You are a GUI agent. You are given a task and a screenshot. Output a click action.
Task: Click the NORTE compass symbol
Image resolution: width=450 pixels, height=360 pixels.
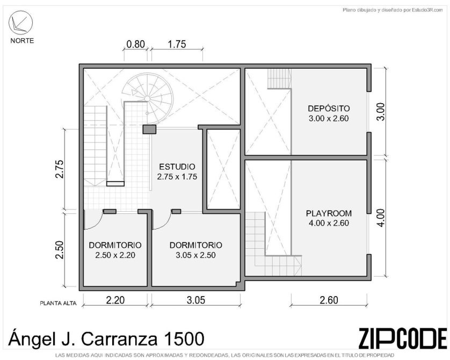pos(20,23)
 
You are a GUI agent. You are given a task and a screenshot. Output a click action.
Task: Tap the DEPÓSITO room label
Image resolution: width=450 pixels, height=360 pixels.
pos(329,109)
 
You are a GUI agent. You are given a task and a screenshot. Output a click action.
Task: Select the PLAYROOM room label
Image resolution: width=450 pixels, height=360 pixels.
pos(329,213)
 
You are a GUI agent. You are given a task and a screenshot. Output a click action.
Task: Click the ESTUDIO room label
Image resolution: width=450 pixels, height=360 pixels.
pos(177,167)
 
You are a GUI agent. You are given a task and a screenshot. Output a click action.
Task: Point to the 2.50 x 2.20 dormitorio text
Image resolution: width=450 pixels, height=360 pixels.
pos(115,255)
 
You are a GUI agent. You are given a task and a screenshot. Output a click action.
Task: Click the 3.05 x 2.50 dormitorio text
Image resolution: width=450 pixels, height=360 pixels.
pos(195,255)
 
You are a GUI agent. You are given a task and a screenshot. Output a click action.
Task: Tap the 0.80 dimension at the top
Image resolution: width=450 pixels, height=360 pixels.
pos(135,44)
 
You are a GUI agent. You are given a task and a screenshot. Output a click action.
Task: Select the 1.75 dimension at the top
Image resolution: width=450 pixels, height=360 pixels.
pos(177,44)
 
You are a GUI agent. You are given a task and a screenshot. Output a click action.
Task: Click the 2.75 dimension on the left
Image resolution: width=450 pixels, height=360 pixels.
pos(60,169)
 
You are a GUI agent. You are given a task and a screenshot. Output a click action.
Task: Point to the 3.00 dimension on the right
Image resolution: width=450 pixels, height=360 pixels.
pos(380,112)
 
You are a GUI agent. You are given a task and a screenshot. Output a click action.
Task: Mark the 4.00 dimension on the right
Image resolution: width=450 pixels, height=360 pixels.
pos(380,218)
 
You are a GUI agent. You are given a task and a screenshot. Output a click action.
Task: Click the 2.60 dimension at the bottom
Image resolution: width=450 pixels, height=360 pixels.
pos(329,300)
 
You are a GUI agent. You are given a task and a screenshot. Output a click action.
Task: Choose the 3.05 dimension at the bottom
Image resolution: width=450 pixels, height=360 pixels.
pos(196,300)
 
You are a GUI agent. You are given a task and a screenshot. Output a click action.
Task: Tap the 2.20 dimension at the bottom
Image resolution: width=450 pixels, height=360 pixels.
pos(115,300)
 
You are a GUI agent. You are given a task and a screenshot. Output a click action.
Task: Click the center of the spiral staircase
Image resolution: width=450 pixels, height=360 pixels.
pos(147,99)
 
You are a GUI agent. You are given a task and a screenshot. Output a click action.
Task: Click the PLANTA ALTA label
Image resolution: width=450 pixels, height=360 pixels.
pos(58,303)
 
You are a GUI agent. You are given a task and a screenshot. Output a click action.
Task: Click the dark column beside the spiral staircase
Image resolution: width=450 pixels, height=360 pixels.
pos(149,129)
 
